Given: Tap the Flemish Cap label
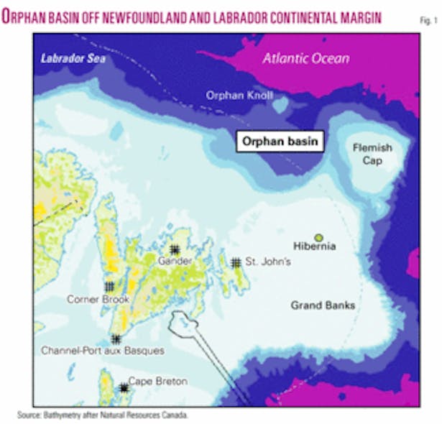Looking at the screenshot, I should [x=372, y=154].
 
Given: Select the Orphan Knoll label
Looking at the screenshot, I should [x=236, y=94].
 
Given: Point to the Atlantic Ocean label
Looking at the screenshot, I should [x=305, y=59].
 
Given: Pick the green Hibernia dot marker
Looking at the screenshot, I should [x=318, y=237].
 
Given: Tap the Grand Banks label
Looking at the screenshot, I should [x=323, y=305].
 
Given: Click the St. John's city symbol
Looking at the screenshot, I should [x=236, y=263].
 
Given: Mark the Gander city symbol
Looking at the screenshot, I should [x=174, y=249].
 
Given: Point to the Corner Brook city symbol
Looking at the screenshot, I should [x=109, y=286].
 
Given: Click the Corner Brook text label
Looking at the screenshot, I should [x=93, y=298].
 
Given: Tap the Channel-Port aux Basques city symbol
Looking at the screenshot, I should [x=116, y=339].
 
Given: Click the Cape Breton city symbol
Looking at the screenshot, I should [x=124, y=387].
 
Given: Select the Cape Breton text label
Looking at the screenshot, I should [x=157, y=382].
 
